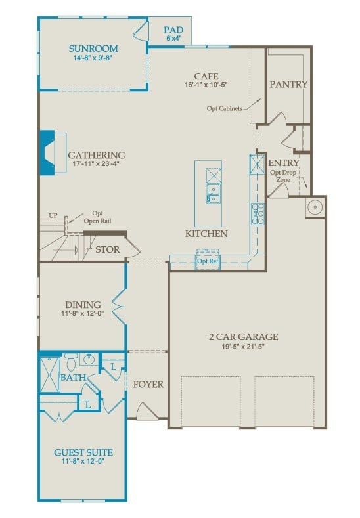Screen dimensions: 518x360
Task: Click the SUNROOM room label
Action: [94, 48]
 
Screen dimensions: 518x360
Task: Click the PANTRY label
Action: [288, 85]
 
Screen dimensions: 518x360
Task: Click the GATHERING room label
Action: [96, 156]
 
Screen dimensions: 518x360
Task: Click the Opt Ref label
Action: [208, 261]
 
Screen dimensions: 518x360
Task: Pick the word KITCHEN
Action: [206, 234]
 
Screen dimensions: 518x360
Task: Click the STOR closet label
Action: [107, 250]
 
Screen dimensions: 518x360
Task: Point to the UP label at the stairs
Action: [53, 216]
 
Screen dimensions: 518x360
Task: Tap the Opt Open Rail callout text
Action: [97, 217]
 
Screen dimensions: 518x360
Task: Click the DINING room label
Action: [83, 305]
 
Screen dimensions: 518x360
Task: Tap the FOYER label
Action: [148, 384]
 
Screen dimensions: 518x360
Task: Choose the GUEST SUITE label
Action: [83, 452]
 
